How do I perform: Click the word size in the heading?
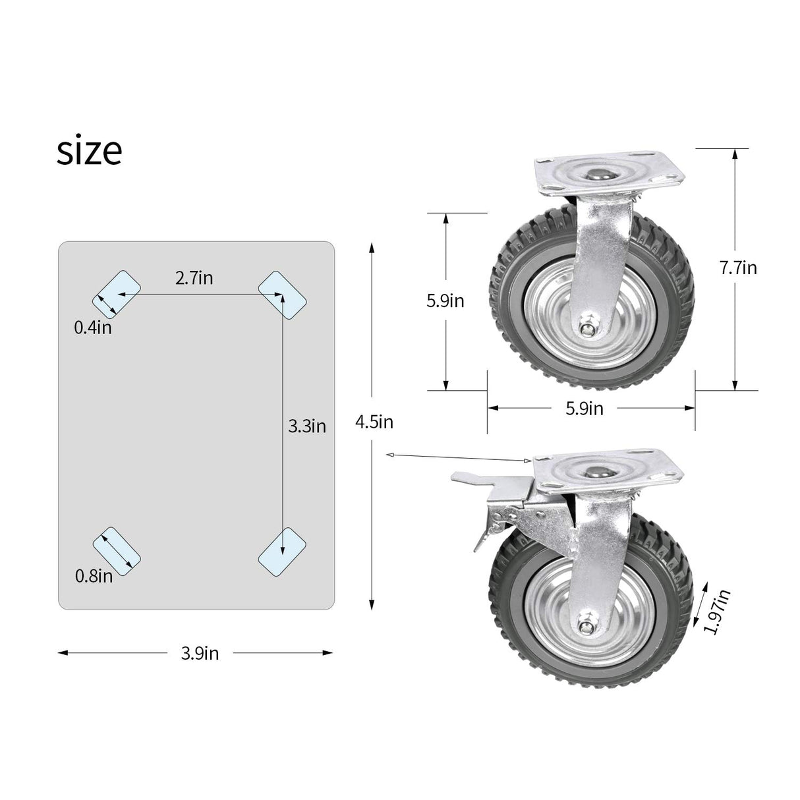click(x=89, y=151)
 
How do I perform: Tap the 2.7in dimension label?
click(x=194, y=277)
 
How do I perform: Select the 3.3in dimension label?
click(x=307, y=426)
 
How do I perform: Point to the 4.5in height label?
click(x=374, y=422)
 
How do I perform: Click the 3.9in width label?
click(x=200, y=653)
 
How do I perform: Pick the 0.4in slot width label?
click(x=92, y=327)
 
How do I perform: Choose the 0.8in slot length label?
click(x=94, y=576)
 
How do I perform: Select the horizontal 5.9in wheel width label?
click(x=585, y=409)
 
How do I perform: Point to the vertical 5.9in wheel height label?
click(x=445, y=300)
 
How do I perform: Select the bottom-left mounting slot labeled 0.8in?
click(x=117, y=550)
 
